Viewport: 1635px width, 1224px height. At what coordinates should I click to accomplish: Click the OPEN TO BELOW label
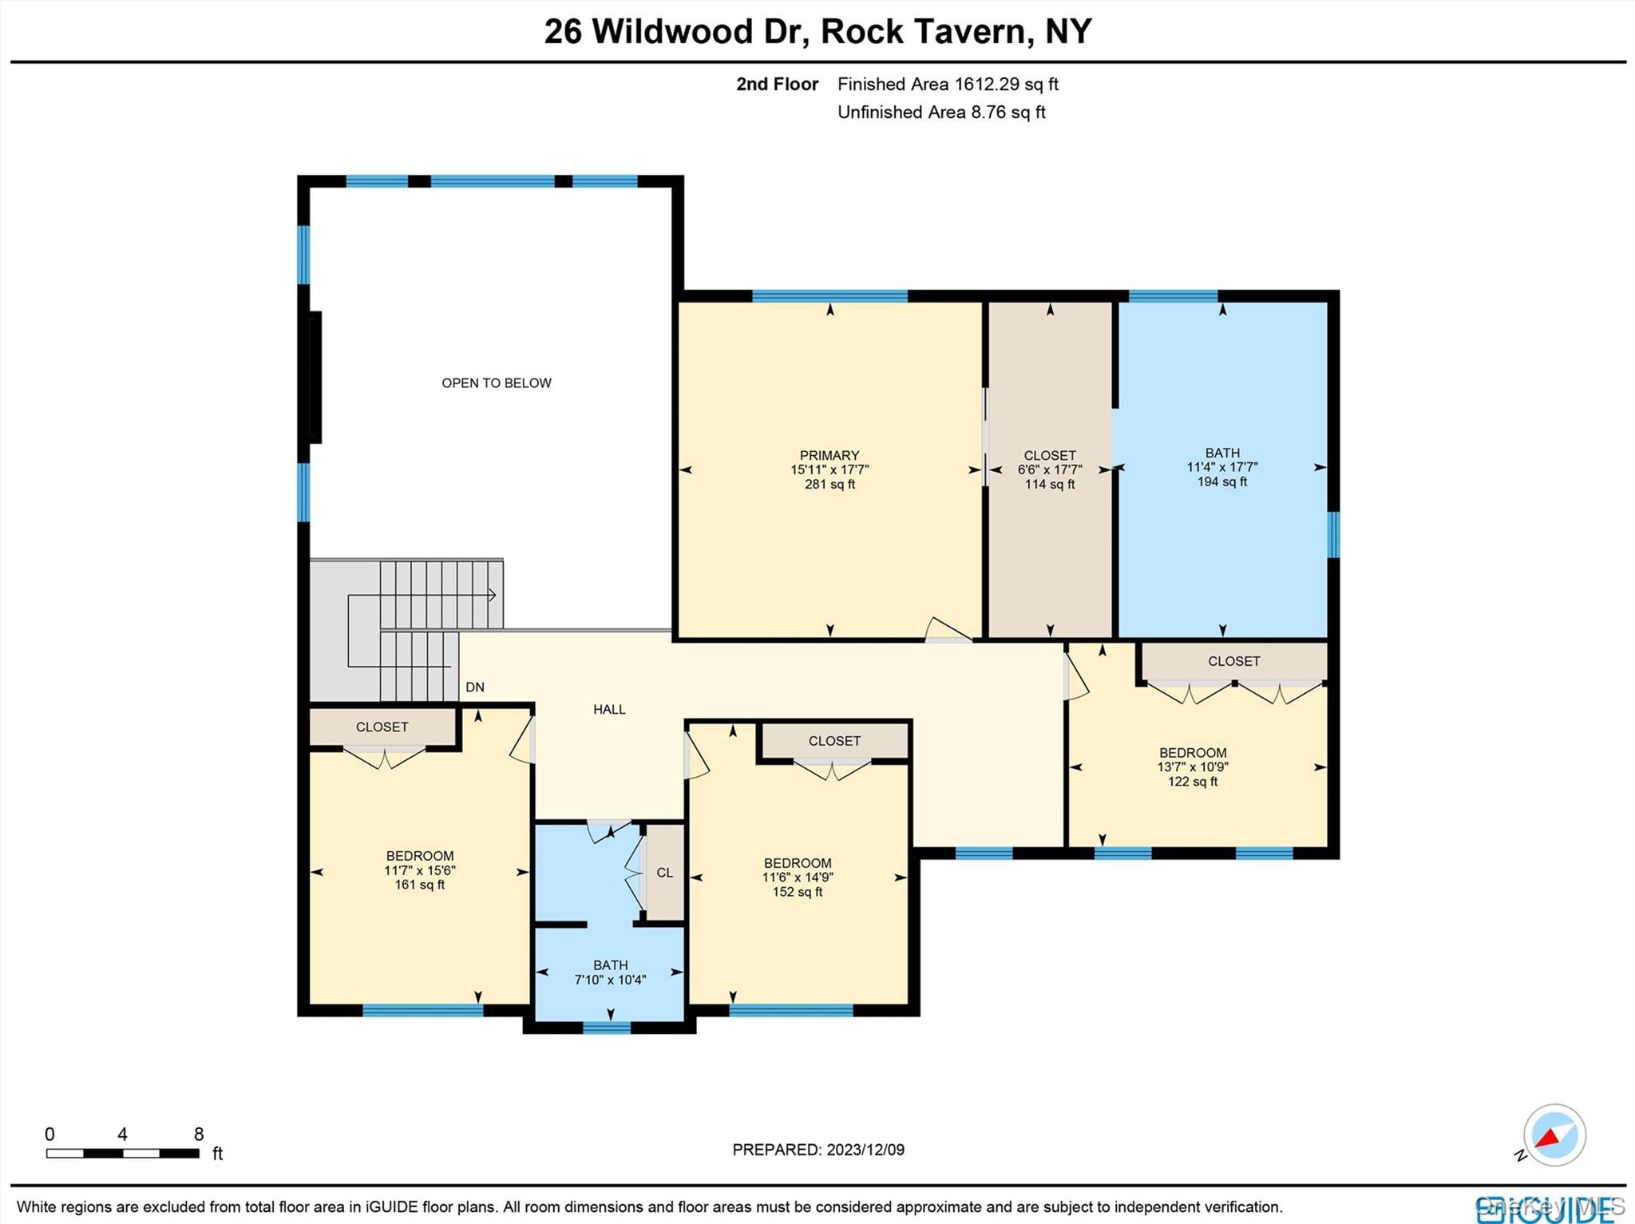point(496,383)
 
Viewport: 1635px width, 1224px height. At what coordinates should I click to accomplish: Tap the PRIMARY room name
point(829,455)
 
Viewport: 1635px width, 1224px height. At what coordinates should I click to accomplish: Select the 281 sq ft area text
point(829,485)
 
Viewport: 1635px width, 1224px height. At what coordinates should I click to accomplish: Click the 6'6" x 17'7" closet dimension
point(1050,470)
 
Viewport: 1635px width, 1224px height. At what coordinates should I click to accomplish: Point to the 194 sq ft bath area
point(1221,482)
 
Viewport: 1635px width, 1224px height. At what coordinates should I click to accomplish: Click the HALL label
point(609,709)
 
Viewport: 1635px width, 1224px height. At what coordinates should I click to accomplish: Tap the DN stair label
point(475,687)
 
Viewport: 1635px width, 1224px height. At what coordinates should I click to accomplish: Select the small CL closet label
point(664,873)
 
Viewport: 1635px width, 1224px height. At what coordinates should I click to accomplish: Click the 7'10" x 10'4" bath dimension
point(610,980)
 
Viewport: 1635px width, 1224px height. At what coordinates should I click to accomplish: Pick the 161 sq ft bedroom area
point(419,885)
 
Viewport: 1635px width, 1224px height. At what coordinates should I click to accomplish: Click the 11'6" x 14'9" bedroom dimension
point(798,877)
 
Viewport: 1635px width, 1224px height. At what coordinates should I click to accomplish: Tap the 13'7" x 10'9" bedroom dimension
point(1193,767)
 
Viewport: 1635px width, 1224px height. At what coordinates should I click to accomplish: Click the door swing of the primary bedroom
point(947,630)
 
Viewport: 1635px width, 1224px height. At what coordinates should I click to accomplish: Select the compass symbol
point(1554,1135)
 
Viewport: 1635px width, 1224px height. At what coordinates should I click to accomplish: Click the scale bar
point(122,1153)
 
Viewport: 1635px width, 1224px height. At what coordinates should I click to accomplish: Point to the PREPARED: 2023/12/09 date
point(818,1150)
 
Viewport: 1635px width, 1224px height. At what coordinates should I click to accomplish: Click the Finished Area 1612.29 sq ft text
point(948,84)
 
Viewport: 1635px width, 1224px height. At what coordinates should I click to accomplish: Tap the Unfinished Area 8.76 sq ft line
point(941,113)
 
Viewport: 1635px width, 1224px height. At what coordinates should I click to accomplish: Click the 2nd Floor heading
point(777,84)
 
